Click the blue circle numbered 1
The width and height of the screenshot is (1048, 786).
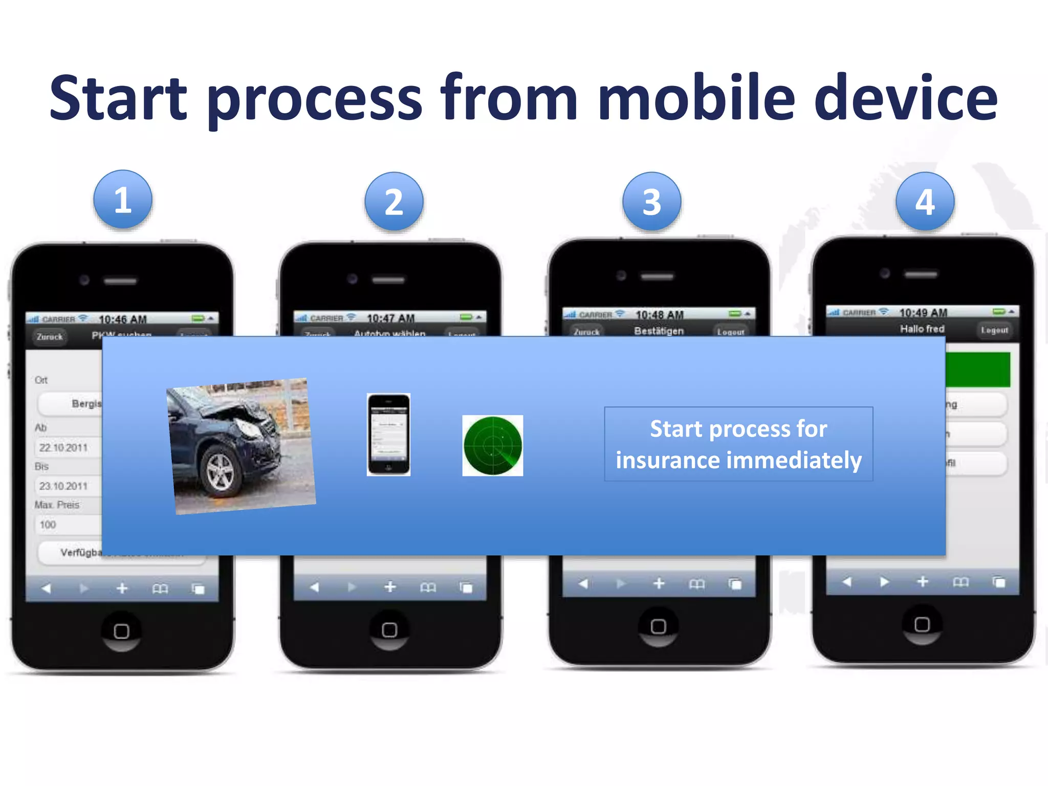[x=123, y=200]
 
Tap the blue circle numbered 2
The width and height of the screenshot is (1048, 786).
[x=394, y=202]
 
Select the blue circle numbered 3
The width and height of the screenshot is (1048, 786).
[x=651, y=202]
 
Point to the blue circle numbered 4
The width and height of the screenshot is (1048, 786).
[x=925, y=202]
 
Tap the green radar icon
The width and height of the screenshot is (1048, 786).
[x=492, y=446]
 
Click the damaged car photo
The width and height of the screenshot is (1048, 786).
[x=241, y=446]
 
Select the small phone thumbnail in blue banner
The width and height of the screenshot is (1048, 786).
[x=388, y=434]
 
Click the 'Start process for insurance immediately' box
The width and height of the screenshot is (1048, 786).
[x=738, y=444]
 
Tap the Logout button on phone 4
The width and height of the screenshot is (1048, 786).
[x=994, y=330]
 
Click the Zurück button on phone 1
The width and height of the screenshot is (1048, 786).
[x=50, y=337]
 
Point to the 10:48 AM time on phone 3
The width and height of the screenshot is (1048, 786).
[x=659, y=314]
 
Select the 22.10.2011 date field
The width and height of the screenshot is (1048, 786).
[x=64, y=448]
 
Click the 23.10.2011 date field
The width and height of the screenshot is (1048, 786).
[x=64, y=486]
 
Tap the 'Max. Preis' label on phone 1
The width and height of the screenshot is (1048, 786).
[x=57, y=505]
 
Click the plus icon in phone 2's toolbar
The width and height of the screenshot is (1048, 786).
[x=390, y=586]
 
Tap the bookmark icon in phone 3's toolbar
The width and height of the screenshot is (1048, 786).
[x=696, y=584]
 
